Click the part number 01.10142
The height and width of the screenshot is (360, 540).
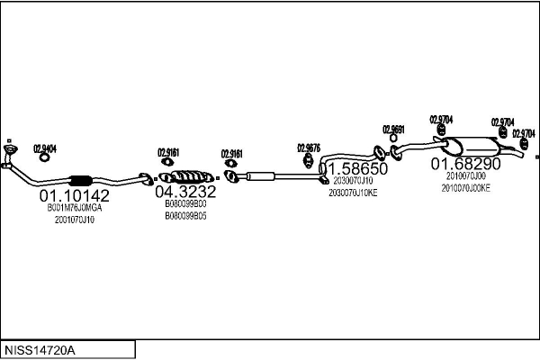(x=74, y=194)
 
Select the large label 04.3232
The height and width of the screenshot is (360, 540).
(x=185, y=192)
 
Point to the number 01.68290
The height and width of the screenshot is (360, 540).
(x=464, y=165)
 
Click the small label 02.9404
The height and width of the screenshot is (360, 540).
(x=45, y=148)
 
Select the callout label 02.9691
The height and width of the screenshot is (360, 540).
(x=394, y=129)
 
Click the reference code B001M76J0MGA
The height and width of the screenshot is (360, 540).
(x=76, y=208)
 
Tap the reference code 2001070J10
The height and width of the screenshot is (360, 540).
(x=75, y=220)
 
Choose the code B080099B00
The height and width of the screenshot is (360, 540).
(x=185, y=204)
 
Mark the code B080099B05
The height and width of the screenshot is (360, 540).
(x=185, y=216)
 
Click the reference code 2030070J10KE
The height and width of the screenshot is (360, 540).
(x=354, y=193)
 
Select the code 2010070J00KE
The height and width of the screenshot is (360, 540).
(x=465, y=189)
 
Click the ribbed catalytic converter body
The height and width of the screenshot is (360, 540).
(x=186, y=175)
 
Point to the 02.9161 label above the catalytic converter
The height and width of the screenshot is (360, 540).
(x=168, y=152)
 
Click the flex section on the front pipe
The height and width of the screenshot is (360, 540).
(x=80, y=178)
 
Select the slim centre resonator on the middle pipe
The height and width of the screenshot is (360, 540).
(x=260, y=176)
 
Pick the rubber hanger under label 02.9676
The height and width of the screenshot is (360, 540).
(x=309, y=162)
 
